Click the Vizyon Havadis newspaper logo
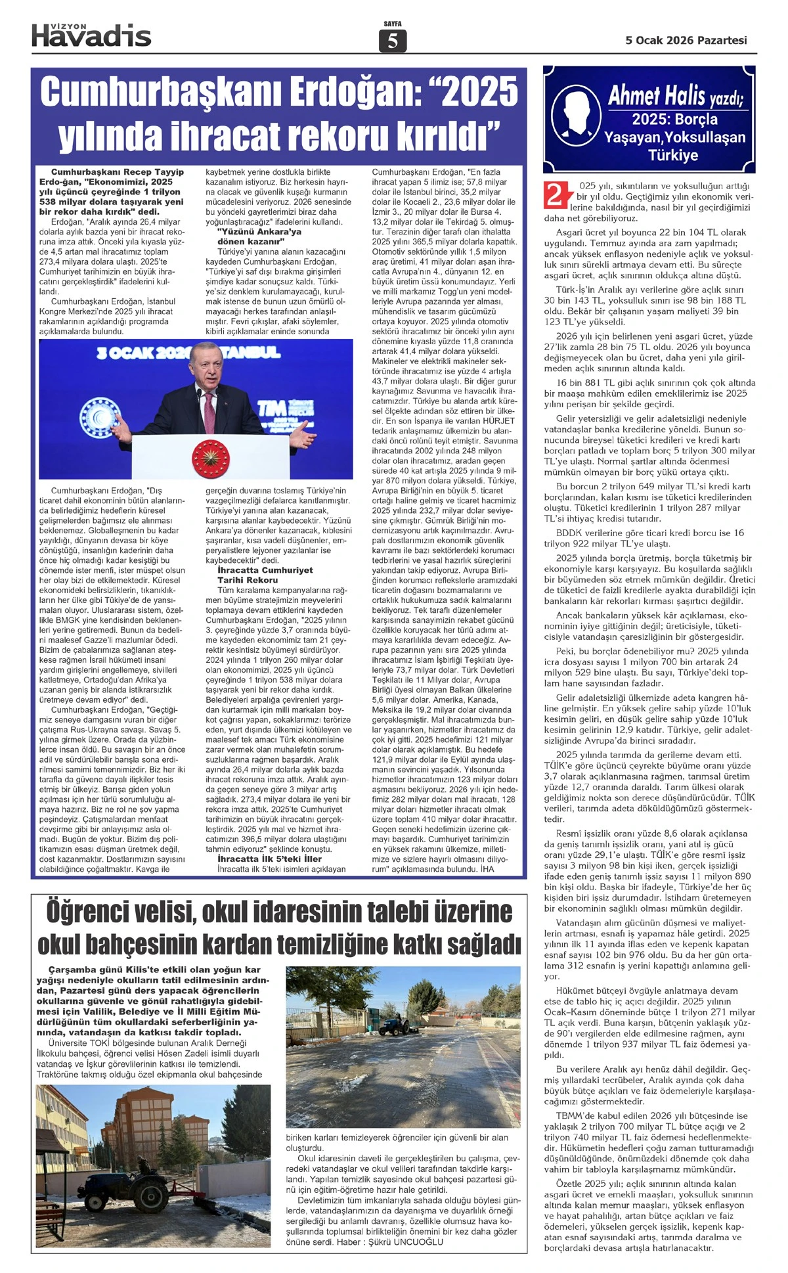tap(91, 34)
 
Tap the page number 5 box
tap(393, 41)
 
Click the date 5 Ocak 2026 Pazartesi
tap(686, 40)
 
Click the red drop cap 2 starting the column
tap(556, 195)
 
